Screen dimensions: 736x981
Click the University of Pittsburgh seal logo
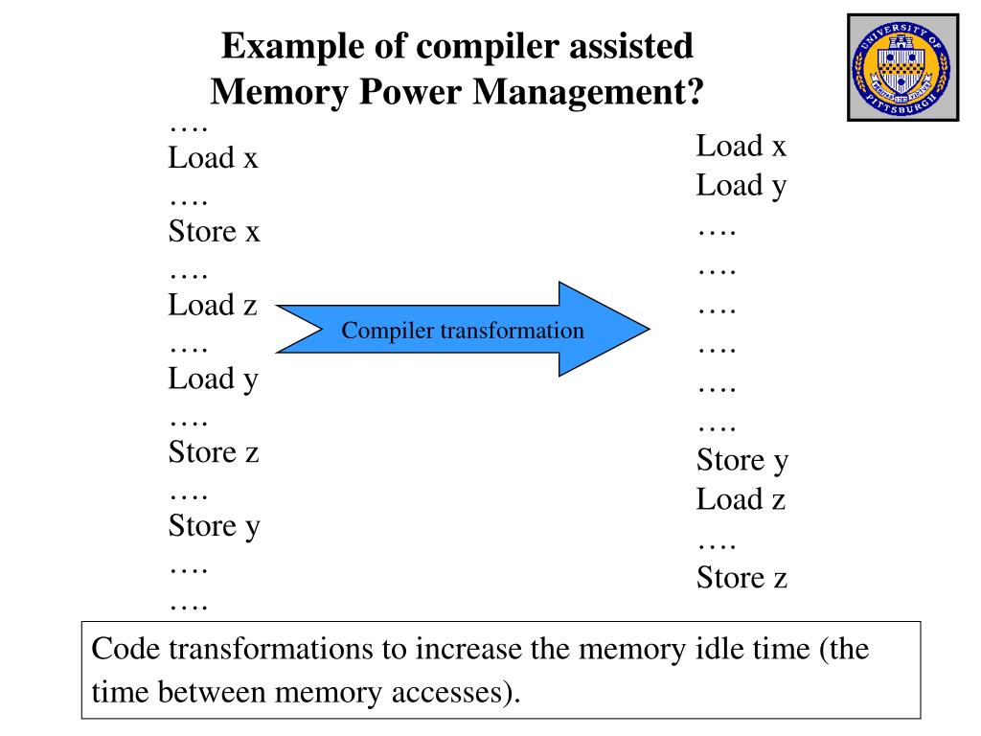[x=902, y=67]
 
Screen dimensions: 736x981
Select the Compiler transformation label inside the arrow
[x=463, y=331]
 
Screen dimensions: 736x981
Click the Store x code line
[x=214, y=231]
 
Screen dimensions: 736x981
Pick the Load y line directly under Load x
[x=741, y=185]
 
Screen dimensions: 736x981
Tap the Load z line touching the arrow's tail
[x=213, y=306]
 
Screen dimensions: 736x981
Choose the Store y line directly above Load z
[x=741, y=461]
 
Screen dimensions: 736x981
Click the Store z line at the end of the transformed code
[x=741, y=578]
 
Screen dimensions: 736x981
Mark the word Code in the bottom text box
[x=125, y=650]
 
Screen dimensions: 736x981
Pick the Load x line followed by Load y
[x=741, y=147]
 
